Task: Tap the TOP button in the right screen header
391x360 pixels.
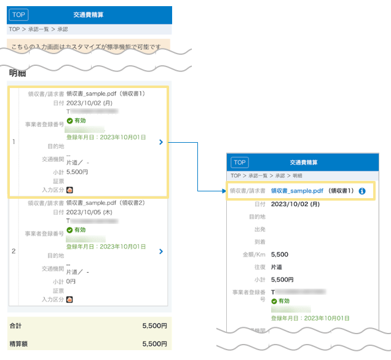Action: point(240,162)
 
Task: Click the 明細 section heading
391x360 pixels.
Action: point(17,73)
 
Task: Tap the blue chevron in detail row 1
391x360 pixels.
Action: point(160,142)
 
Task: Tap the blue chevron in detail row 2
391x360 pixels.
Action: point(160,251)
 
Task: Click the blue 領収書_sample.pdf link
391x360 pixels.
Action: point(297,191)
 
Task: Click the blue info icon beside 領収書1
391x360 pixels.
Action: point(362,191)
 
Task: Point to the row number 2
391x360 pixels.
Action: point(14,251)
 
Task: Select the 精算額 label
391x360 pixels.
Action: point(18,344)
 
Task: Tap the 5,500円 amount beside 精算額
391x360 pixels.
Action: point(154,344)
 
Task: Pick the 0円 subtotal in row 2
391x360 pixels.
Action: point(71,281)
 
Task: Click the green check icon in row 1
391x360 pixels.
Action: point(69,121)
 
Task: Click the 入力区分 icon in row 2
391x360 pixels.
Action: point(69,300)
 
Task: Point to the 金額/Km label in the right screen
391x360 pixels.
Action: point(253,254)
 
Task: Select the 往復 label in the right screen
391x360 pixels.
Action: point(259,267)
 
